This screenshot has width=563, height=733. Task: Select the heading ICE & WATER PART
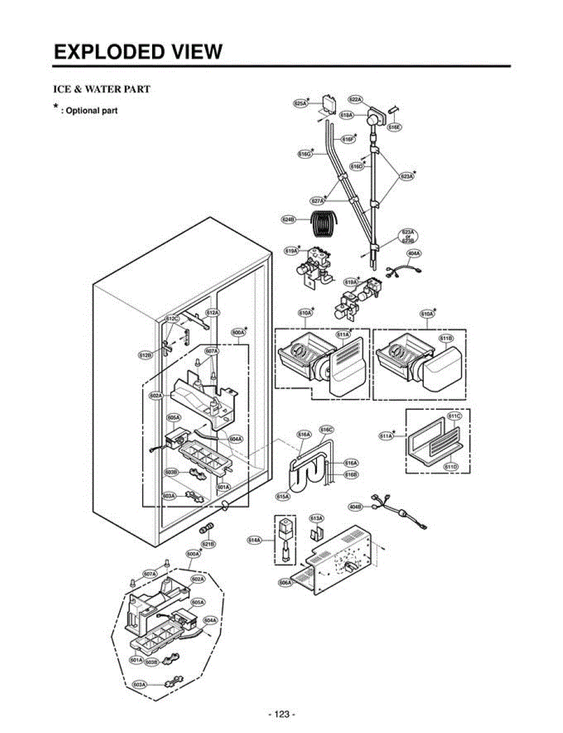(x=101, y=89)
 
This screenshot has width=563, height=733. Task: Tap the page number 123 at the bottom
(x=281, y=714)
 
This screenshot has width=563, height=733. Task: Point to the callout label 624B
(x=288, y=219)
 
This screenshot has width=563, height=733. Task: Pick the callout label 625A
(x=300, y=104)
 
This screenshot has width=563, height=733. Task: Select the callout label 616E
(x=394, y=127)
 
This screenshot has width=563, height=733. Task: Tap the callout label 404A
(x=413, y=253)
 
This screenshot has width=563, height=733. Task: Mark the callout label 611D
(x=451, y=467)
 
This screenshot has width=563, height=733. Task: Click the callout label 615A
(x=283, y=497)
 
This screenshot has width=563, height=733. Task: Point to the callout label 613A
(x=316, y=518)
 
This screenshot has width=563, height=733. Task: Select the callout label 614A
(x=255, y=540)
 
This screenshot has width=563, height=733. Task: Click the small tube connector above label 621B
(x=207, y=527)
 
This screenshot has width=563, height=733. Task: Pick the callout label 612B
(x=145, y=354)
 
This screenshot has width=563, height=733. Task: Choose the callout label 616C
(x=327, y=429)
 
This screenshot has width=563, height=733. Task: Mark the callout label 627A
(x=317, y=200)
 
